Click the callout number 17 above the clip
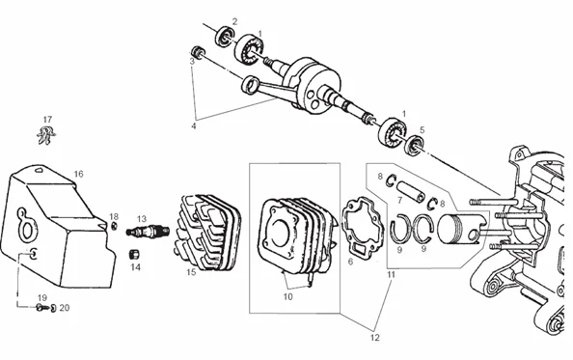[x=46, y=119]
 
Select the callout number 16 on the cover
[x=78, y=174]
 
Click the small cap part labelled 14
[x=136, y=253]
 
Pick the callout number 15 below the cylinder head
[x=191, y=273]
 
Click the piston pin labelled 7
[x=405, y=187]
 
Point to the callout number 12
[x=374, y=338]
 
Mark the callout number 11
[x=391, y=274]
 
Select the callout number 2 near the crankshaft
[x=234, y=21]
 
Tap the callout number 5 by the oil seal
[x=422, y=128]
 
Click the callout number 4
[x=193, y=125]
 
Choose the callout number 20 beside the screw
[x=65, y=308]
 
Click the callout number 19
[x=42, y=296]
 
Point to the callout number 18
[x=114, y=216]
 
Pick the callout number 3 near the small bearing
[x=191, y=60]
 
